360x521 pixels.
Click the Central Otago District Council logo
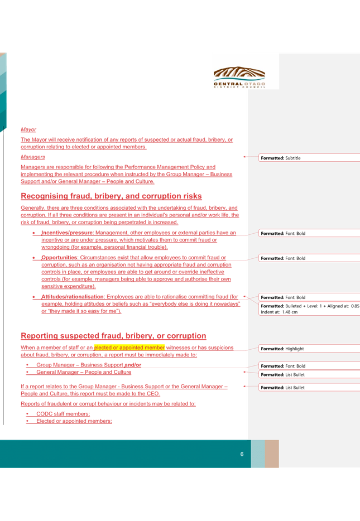(239, 77)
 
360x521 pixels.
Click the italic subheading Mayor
(28, 129)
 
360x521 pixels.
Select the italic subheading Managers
(32, 157)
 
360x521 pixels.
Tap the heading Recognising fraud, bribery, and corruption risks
(111, 196)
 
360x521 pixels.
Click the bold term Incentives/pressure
(67, 233)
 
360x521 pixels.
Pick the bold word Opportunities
(59, 258)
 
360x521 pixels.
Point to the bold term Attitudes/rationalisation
(73, 297)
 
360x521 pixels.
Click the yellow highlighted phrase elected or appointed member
(129, 348)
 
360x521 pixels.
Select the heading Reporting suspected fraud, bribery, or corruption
(113, 336)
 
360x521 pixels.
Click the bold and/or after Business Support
(133, 365)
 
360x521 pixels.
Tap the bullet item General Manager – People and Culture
(84, 372)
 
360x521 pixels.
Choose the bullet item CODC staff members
(63, 414)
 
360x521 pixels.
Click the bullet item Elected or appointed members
(74, 421)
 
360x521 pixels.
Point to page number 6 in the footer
(242, 454)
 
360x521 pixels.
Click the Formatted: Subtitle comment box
(309, 158)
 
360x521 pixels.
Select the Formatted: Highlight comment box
(309, 349)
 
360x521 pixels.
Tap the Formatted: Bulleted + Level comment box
(309, 309)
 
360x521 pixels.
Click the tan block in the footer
(272, 454)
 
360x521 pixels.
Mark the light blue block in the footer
(258, 454)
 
